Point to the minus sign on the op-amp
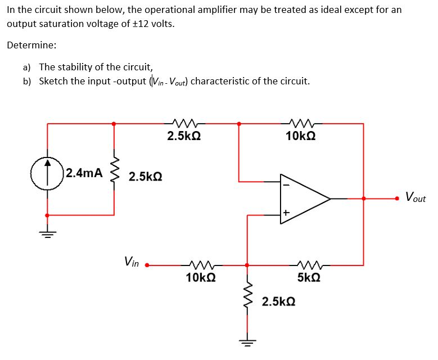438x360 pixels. [286, 184]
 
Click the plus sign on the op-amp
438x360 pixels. [286, 213]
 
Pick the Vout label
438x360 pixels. [416, 198]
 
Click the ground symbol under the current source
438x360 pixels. [47, 235]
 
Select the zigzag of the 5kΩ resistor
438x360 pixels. [308, 264]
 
